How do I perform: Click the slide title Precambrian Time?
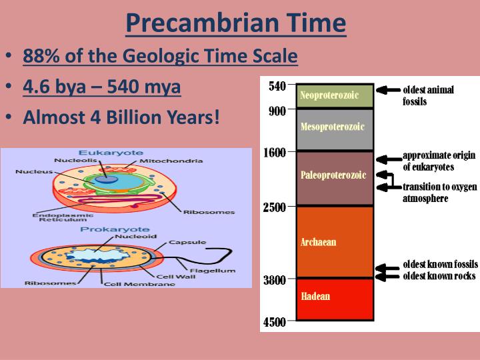pyautogui.click(x=235, y=23)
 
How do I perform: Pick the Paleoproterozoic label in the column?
pyautogui.click(x=333, y=175)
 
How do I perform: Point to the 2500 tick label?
pyautogui.click(x=273, y=207)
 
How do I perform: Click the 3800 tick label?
pyautogui.click(x=273, y=280)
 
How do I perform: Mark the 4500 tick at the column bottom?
pyautogui.click(x=273, y=323)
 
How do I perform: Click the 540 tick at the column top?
pyautogui.click(x=277, y=86)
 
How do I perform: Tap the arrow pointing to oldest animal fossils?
pyautogui.click(x=387, y=90)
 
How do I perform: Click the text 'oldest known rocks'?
pyautogui.click(x=439, y=276)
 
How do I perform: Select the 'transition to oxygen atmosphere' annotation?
pyautogui.click(x=439, y=193)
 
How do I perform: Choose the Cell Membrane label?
pyautogui.click(x=139, y=284)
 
